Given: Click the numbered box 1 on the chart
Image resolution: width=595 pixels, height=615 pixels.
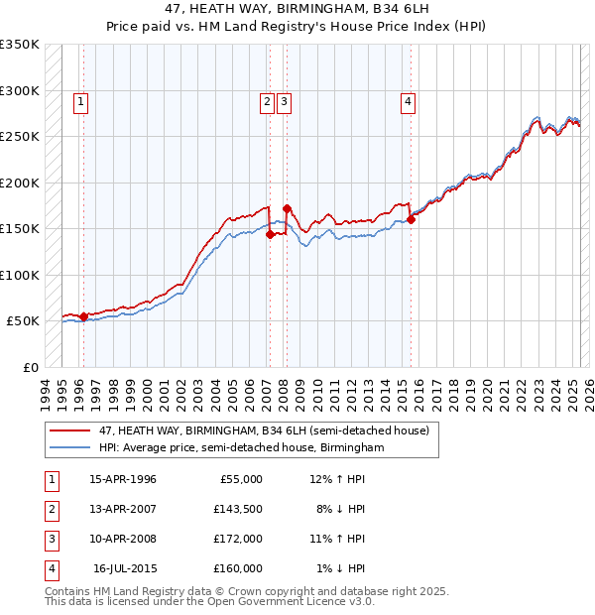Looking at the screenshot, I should pos(79,99).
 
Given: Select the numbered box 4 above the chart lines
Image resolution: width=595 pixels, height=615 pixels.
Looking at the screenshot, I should pos(409,99).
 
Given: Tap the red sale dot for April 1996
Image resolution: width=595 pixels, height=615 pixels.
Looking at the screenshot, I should pos(83,316).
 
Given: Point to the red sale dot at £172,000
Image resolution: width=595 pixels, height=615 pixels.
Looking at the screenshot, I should pos(287,208).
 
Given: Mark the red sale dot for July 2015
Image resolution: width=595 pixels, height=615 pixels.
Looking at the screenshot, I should pos(411,219).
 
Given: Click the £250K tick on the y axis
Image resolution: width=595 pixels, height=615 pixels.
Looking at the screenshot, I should pos(20,137).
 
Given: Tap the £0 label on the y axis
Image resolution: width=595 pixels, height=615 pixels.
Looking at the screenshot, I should pos(30,367).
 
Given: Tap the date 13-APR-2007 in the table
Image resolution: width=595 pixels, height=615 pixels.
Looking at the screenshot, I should pos(123,509).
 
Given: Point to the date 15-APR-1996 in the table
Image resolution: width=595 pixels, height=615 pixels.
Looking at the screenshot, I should pos(123,479).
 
